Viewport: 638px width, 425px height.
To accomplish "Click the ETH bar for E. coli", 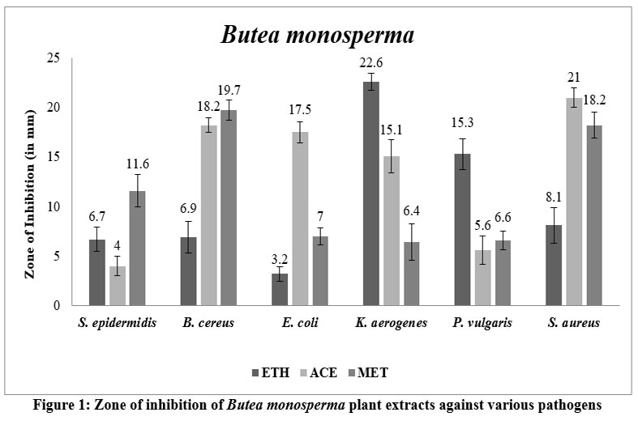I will (279, 289).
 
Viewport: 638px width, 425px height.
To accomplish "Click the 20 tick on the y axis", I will (53, 108).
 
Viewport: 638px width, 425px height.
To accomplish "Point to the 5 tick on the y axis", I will (56, 256).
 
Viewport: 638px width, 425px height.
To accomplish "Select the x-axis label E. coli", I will (300, 324).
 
